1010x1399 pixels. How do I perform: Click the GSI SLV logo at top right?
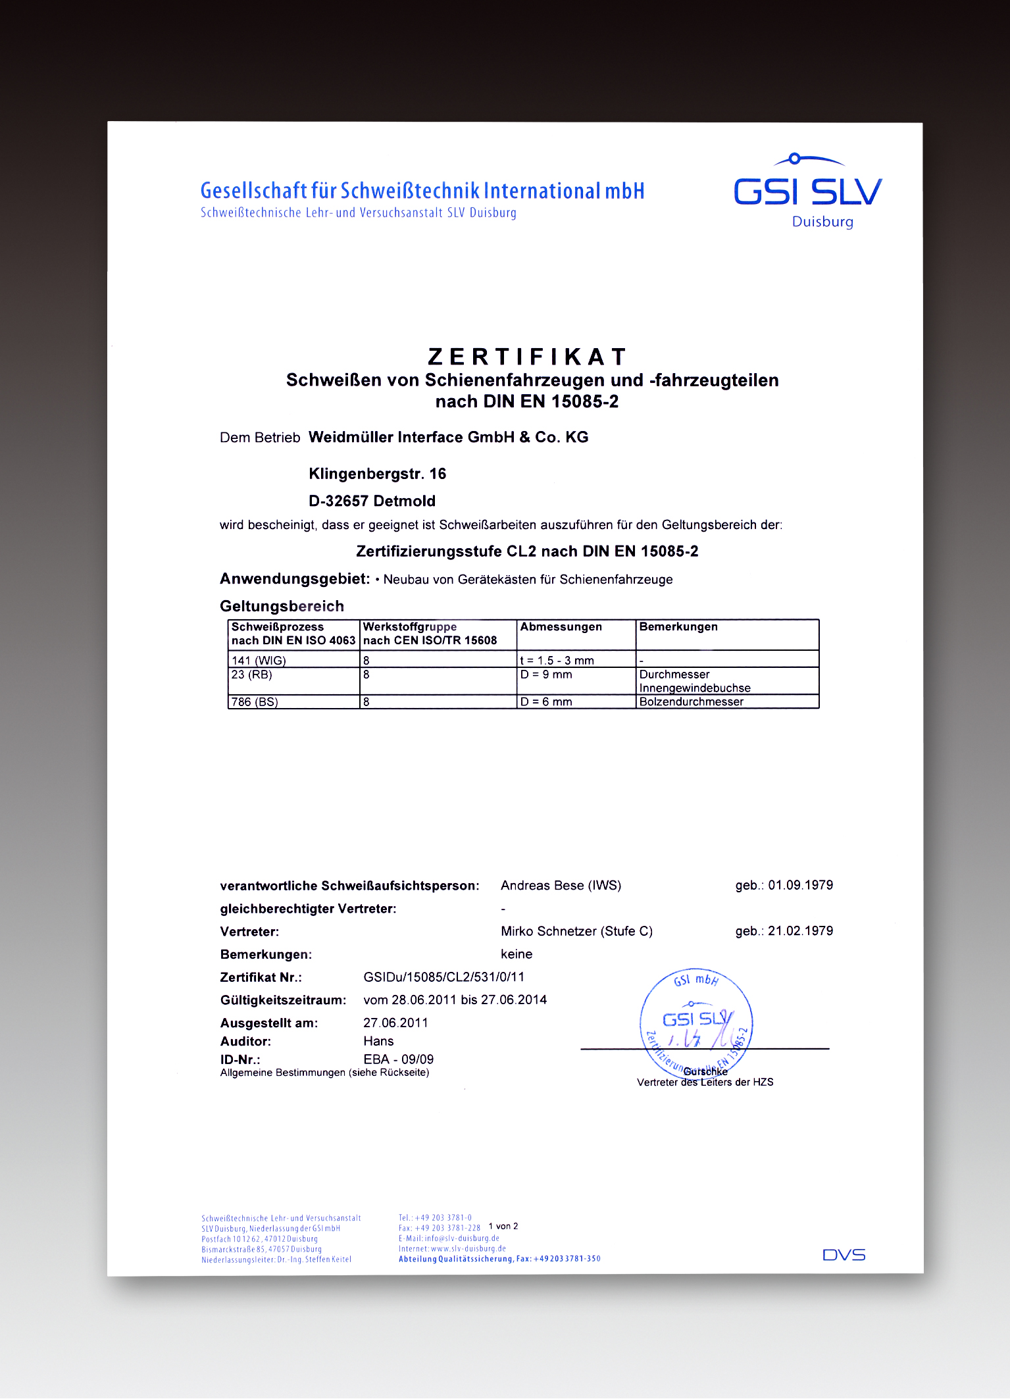click(807, 190)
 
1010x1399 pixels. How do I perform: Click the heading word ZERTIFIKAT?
click(526, 357)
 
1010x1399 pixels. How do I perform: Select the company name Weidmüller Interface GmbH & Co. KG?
click(448, 438)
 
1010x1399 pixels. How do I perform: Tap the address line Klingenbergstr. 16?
click(377, 474)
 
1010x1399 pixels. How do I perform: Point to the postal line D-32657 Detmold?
click(372, 501)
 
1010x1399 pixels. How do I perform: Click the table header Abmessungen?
click(561, 627)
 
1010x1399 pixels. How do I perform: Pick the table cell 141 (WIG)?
click(259, 660)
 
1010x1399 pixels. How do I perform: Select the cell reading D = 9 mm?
click(545, 674)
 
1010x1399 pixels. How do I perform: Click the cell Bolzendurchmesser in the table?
click(691, 701)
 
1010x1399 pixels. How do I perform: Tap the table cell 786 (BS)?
click(255, 702)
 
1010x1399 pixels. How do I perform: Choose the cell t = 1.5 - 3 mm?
click(557, 660)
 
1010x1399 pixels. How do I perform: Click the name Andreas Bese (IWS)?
click(561, 886)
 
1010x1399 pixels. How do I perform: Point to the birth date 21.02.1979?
click(800, 931)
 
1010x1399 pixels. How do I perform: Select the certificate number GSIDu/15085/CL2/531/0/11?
click(443, 977)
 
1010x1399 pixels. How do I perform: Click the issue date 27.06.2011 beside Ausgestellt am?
click(395, 1023)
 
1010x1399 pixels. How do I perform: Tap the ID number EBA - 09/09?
click(398, 1059)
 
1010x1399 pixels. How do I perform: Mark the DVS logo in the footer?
click(844, 1255)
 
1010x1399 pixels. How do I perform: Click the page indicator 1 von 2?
click(503, 1227)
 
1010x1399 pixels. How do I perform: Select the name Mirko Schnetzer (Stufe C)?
click(576, 931)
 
